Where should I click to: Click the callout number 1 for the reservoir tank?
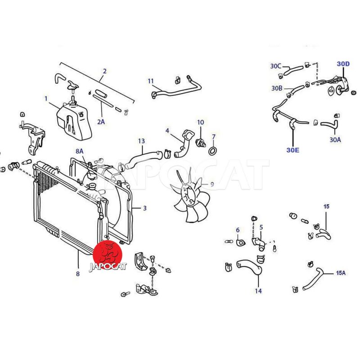point(46,99)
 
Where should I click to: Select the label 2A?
point(101,121)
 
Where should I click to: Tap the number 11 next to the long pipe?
point(151,81)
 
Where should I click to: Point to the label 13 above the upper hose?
point(141,141)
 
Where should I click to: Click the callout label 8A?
point(80,151)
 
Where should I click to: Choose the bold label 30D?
point(343,64)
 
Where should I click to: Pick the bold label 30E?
point(293,150)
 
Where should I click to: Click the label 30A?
point(335,139)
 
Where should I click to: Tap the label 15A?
point(341,273)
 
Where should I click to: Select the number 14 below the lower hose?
point(258,291)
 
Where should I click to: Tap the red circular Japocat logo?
point(108,255)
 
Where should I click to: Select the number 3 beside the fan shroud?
point(144,208)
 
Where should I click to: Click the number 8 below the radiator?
point(78,274)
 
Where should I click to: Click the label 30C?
point(275,66)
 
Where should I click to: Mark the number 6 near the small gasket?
point(238,230)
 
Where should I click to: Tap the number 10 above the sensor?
point(200,122)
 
